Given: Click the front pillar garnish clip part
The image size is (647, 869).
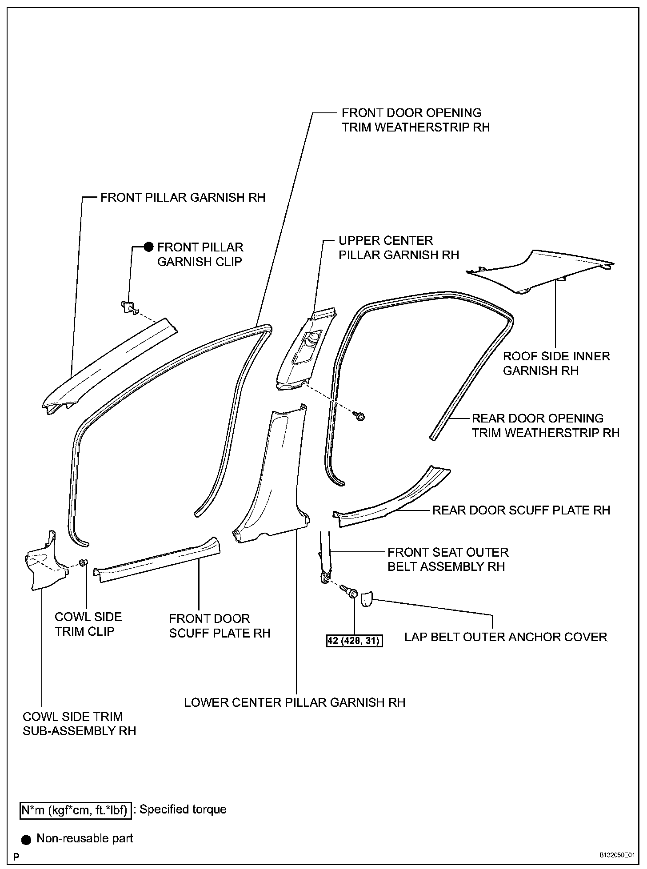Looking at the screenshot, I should click(129, 307).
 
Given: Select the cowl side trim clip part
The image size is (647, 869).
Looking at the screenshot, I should click(83, 563).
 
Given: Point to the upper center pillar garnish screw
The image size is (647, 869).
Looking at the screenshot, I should click(359, 416).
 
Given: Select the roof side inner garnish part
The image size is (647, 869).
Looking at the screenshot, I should click(540, 270).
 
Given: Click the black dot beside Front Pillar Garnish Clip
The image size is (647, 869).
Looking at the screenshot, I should click(148, 247).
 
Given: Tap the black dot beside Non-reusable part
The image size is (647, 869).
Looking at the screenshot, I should click(27, 839).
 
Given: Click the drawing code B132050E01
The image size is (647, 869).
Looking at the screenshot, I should click(616, 855).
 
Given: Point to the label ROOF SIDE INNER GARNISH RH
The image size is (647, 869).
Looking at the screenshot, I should click(556, 363).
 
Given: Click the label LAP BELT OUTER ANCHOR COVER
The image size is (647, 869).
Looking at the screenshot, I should click(505, 637).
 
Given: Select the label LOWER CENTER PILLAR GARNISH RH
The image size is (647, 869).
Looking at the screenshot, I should click(295, 702).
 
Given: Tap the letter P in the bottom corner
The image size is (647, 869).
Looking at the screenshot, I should click(16, 856).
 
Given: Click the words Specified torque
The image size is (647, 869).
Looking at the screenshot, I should click(183, 809).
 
